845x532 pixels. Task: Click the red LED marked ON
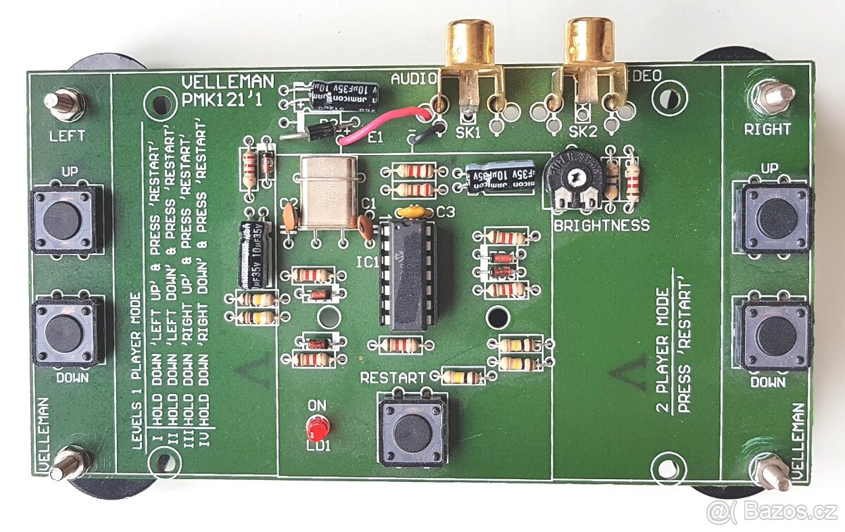pos(318,427)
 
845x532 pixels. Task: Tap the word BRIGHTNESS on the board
pos(601,225)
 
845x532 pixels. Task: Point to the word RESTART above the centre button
pos(393,378)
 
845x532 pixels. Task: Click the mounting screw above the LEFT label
pos(65,104)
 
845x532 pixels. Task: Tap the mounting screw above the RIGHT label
pos(772,98)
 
